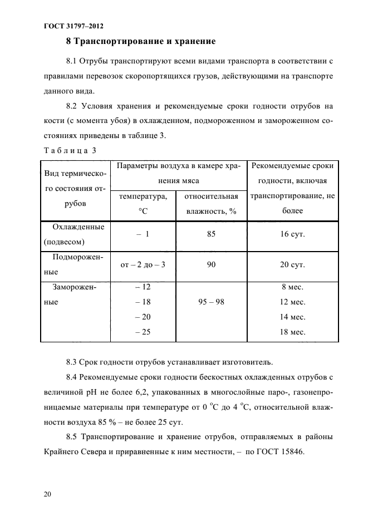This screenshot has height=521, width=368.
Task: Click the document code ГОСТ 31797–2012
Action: tap(71, 26)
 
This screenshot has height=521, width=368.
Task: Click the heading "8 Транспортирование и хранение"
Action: tap(140, 41)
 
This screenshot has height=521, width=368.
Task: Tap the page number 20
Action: tap(45, 493)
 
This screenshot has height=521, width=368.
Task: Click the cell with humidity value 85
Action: tap(211, 234)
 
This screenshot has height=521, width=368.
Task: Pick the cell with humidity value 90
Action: tap(211, 264)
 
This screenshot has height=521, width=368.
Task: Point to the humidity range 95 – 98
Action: tap(211, 302)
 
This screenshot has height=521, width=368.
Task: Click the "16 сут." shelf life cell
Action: tap(292, 234)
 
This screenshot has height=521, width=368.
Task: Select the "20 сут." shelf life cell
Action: tap(292, 264)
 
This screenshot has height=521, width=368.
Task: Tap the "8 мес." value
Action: tap(293, 287)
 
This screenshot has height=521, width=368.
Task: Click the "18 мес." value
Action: tap(293, 332)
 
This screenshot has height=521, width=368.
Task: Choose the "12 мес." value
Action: tap(293, 302)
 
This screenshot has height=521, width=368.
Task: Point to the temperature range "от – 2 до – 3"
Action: tap(143, 264)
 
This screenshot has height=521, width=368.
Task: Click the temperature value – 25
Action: tap(143, 332)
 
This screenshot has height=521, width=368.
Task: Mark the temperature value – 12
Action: tap(143, 287)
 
